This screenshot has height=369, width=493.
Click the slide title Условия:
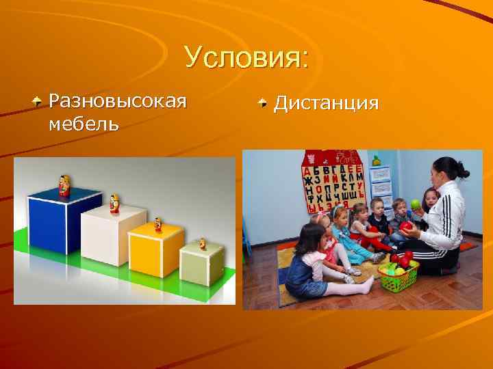[x=246, y=58]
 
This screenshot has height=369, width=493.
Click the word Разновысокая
[x=118, y=102]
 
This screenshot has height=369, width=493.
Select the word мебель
[x=84, y=124]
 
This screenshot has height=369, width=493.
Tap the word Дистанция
[x=326, y=103]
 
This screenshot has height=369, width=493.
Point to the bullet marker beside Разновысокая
[x=39, y=102]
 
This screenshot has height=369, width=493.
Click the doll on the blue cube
[x=64, y=185]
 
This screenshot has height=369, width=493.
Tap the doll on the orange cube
[x=158, y=224]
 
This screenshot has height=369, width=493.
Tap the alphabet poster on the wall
[x=333, y=182]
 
